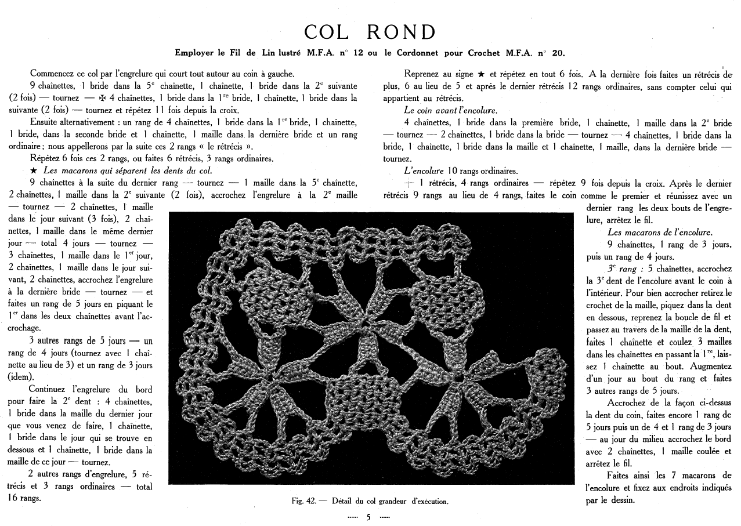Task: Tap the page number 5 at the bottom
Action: pos(368,517)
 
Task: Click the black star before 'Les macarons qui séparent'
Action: pos(33,171)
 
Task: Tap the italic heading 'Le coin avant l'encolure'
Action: pos(450,110)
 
